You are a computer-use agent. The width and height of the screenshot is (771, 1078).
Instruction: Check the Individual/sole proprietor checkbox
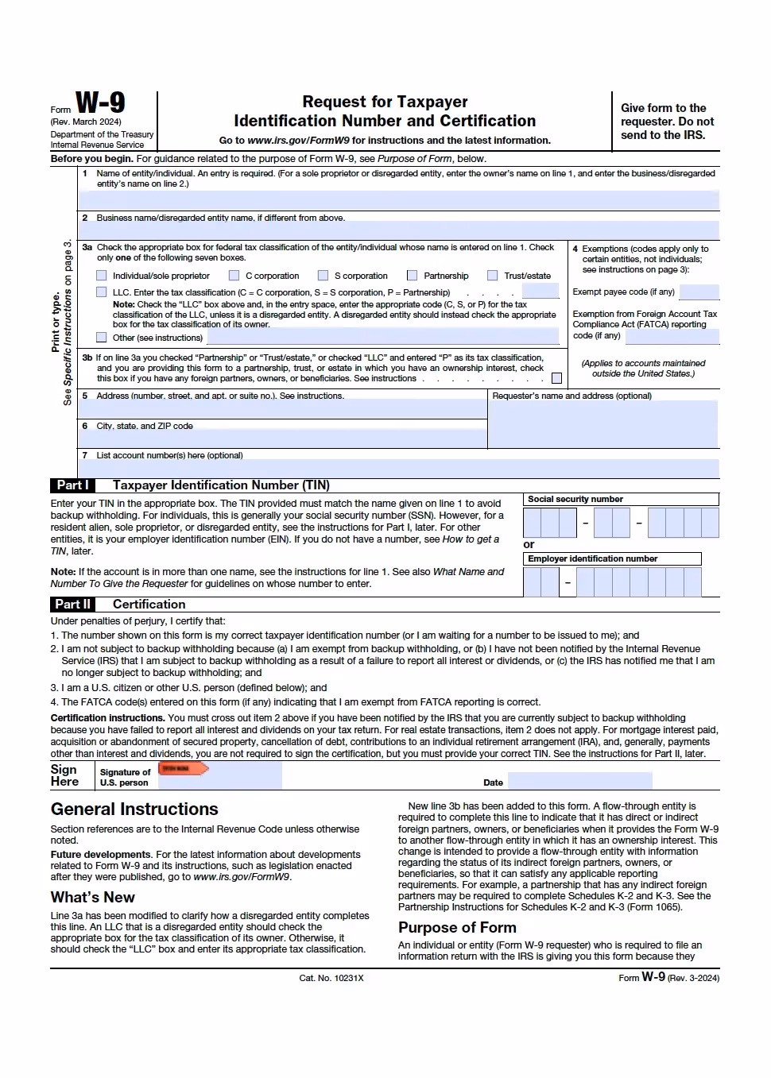click(x=102, y=276)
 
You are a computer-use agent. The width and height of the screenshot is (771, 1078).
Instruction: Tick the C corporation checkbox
click(x=234, y=276)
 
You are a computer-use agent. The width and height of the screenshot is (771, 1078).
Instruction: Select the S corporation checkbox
click(x=324, y=276)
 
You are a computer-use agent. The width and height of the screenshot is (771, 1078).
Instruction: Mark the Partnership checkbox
click(x=413, y=276)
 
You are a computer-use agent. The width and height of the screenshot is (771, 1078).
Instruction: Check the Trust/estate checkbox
click(x=493, y=276)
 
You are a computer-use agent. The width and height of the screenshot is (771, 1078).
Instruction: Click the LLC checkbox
click(x=102, y=292)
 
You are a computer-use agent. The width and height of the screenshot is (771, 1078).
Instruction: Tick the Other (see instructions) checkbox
click(x=102, y=338)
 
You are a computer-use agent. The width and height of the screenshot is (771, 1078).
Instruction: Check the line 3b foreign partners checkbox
click(x=556, y=378)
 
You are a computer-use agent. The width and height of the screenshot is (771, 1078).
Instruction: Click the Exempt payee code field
click(x=699, y=292)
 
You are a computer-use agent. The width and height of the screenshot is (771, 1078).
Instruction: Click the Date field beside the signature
click(x=612, y=782)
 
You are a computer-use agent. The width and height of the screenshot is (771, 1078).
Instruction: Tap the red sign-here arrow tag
click(x=183, y=768)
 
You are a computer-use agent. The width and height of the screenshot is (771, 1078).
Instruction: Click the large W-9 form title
click(x=100, y=103)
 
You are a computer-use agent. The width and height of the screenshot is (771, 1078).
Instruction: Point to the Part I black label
click(x=72, y=485)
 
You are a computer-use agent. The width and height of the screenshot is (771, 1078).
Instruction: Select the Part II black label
click(x=72, y=605)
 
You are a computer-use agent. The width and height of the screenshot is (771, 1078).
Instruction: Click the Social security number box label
click(x=575, y=500)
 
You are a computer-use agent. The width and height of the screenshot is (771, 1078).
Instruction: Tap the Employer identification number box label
click(x=592, y=559)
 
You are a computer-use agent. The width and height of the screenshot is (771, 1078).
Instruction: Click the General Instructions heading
click(x=134, y=809)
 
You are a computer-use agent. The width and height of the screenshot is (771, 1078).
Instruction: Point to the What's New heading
click(x=93, y=898)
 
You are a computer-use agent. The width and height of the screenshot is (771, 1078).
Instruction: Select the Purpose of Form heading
click(x=457, y=928)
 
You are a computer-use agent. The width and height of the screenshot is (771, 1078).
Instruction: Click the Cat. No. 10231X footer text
click(x=331, y=978)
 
